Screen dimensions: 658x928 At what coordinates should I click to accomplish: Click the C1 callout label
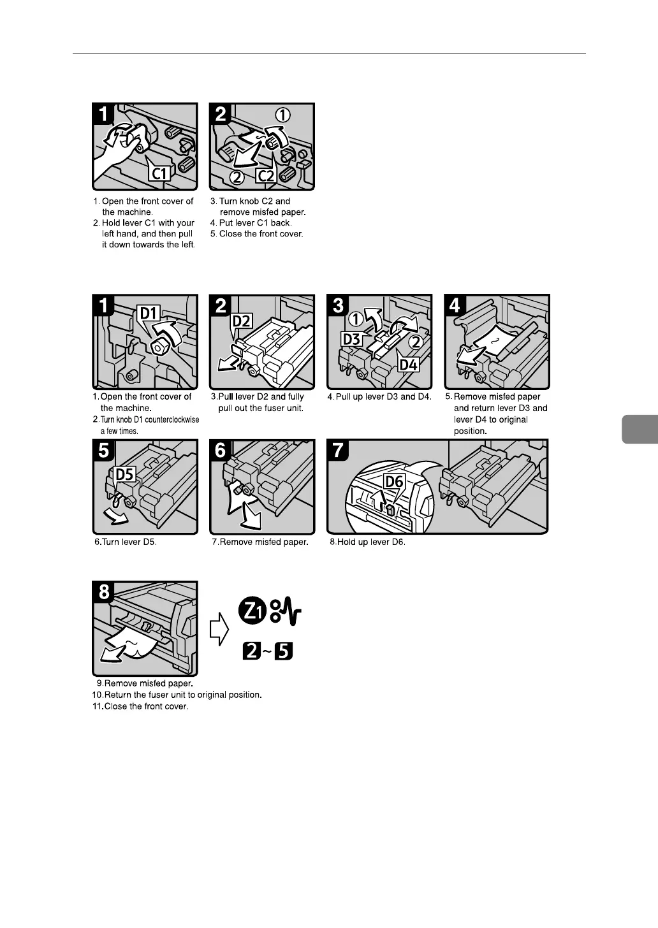click(161, 173)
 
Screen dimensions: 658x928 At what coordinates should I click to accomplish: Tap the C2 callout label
click(265, 175)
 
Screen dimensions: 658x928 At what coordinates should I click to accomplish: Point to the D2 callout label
click(242, 320)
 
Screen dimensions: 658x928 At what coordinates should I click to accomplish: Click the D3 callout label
click(352, 338)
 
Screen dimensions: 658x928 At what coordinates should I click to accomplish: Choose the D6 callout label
click(394, 481)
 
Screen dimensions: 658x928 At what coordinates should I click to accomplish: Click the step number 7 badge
click(338, 450)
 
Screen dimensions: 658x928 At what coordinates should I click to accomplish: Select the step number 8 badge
click(104, 592)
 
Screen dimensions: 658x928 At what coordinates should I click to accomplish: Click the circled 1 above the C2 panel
click(282, 115)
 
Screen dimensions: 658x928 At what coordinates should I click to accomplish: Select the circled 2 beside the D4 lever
click(415, 342)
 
